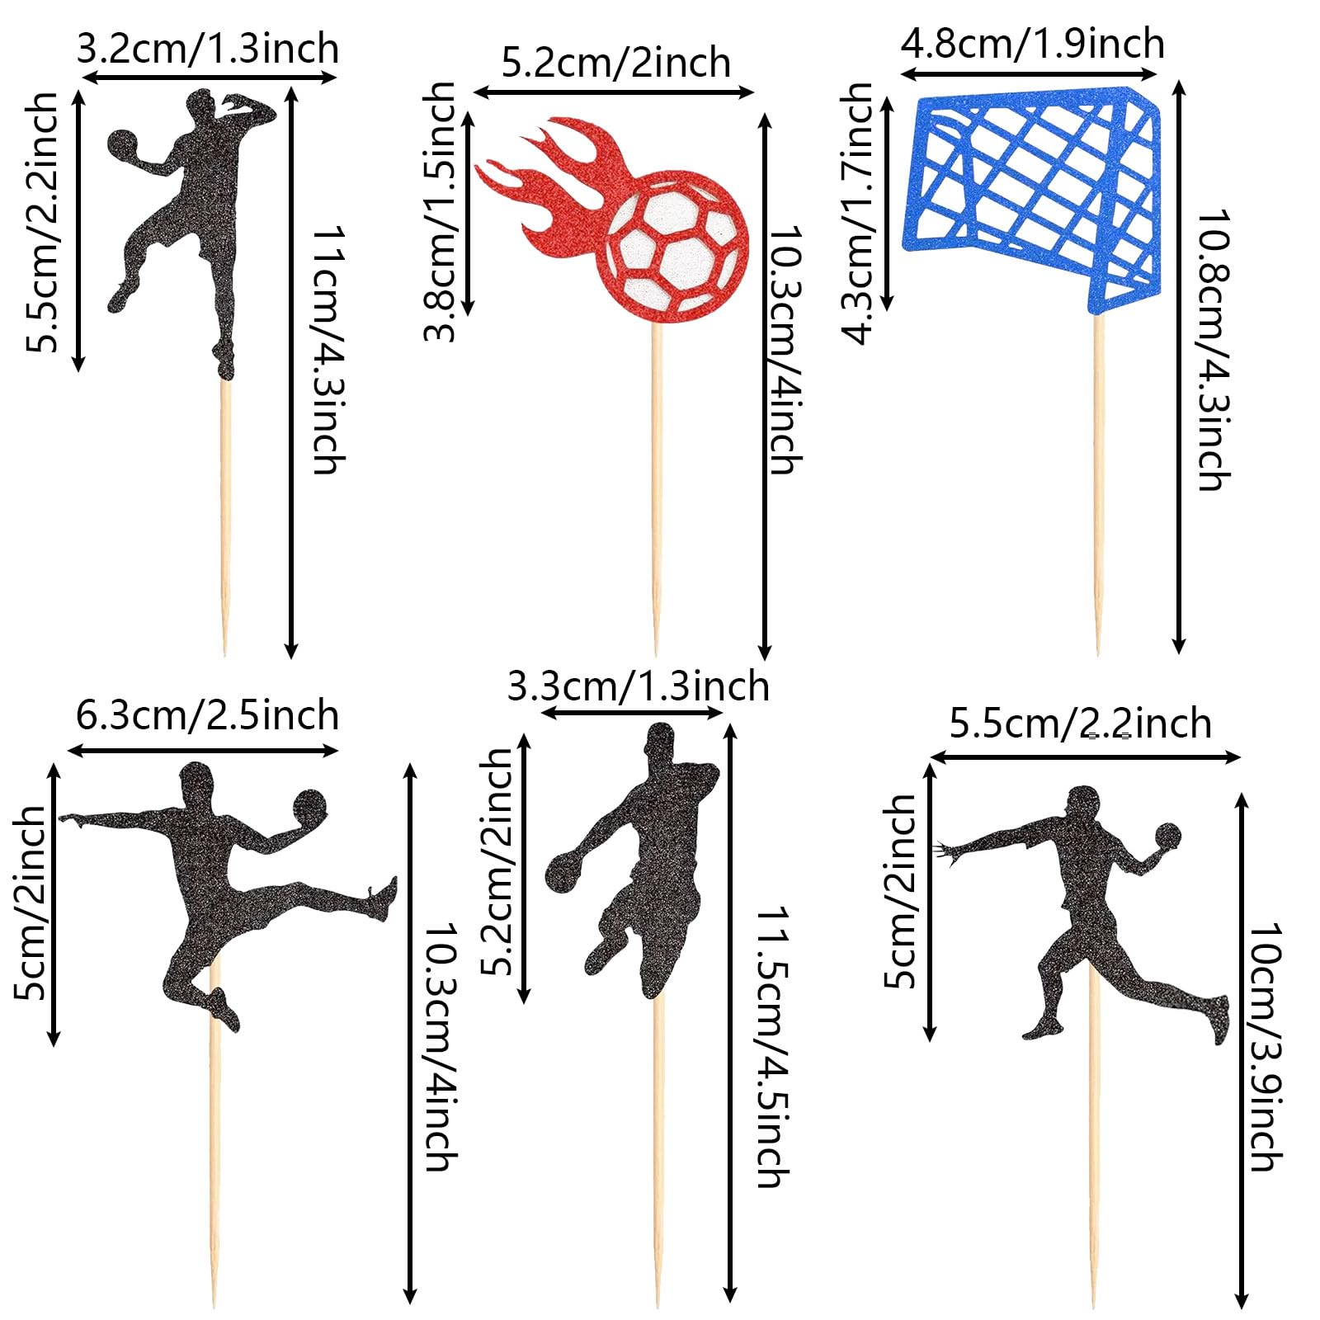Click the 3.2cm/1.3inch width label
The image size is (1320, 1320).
pos(208,49)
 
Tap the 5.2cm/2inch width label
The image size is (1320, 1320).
pos(616,63)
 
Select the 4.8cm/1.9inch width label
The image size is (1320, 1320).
pos(1032,43)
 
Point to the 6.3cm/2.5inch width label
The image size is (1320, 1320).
pos(207,714)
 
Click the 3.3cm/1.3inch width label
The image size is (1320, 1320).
pos(638,686)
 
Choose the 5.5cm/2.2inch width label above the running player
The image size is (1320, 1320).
pos(1081,724)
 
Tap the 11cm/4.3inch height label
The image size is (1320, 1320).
pos(328,350)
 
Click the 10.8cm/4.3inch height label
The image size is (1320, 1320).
pos(1214,351)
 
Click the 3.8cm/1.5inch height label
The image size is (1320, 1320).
pos(439,212)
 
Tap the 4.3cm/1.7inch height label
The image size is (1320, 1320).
pos(858,213)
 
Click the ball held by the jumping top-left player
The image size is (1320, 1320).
pos(125,145)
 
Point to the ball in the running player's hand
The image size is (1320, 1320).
pos(1167,834)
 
